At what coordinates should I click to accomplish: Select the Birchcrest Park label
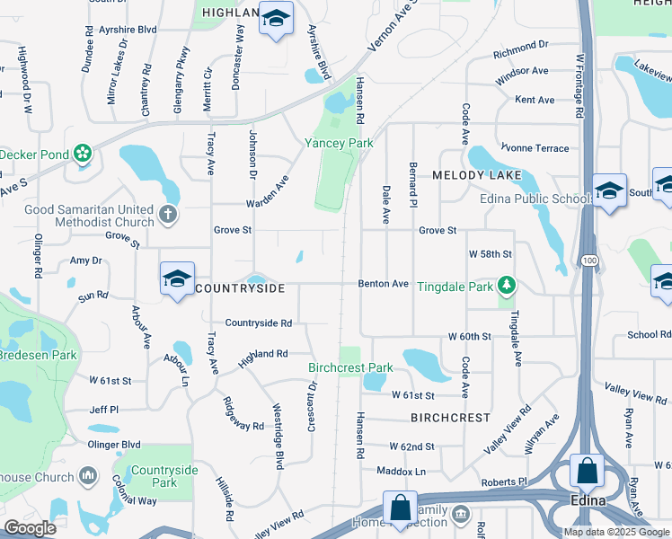tap(350, 367)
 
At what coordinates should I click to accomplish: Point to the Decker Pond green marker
tap(84, 155)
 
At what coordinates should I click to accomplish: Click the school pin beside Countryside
tap(177, 278)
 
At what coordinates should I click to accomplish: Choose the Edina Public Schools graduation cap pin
tap(610, 190)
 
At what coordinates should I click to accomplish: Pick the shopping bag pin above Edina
tap(587, 471)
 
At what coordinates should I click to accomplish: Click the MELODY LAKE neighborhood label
tap(470, 176)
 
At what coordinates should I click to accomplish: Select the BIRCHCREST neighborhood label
tap(451, 418)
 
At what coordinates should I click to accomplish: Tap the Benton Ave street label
tap(384, 284)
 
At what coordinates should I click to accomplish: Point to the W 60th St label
tap(470, 336)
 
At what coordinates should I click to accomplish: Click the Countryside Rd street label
tap(259, 323)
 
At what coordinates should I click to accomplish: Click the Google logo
tap(30, 528)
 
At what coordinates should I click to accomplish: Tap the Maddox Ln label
tap(401, 471)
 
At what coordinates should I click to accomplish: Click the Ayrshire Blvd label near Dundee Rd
tap(131, 30)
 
